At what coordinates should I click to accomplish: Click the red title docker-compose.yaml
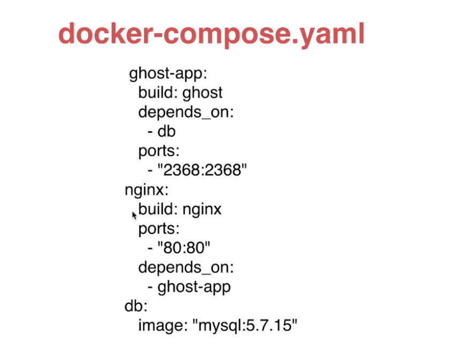click(211, 34)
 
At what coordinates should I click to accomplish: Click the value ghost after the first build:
click(203, 93)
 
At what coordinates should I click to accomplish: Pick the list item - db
click(161, 131)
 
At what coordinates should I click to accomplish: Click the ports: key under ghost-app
click(159, 152)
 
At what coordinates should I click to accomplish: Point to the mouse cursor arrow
click(134, 215)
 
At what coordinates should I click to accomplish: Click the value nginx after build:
click(202, 209)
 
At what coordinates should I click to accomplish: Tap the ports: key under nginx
click(159, 229)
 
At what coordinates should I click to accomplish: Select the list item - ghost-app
click(189, 287)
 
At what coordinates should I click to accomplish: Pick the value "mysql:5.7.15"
click(248, 326)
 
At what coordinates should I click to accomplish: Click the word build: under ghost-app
click(158, 93)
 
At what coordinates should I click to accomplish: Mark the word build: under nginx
click(158, 209)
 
